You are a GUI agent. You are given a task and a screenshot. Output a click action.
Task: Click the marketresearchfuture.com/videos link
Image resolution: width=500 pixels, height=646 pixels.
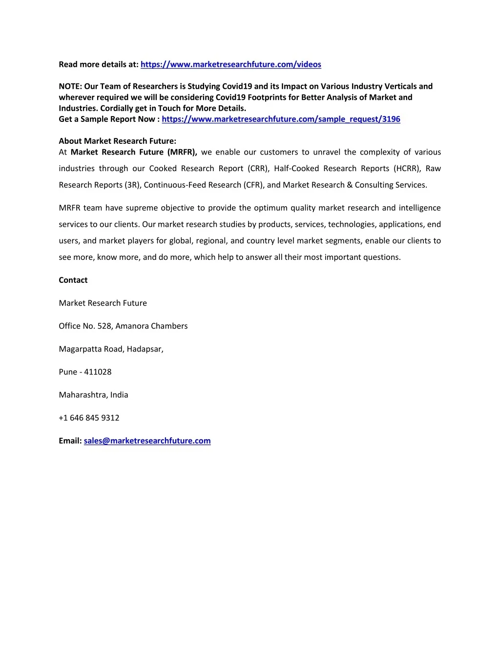pyautogui.click(x=230, y=64)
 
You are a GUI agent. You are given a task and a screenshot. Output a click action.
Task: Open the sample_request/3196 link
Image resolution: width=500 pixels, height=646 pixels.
pyautogui.click(x=281, y=119)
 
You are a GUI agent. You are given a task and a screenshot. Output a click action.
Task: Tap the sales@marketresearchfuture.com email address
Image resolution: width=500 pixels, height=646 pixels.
pyautogui.click(x=147, y=441)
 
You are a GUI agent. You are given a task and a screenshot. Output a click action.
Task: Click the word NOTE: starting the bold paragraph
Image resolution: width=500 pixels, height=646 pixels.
pyautogui.click(x=70, y=86)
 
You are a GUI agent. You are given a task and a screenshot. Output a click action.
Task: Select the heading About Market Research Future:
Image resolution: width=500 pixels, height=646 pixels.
pyautogui.click(x=117, y=141)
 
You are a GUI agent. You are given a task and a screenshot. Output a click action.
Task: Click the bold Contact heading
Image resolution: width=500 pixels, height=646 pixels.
pyautogui.click(x=73, y=280)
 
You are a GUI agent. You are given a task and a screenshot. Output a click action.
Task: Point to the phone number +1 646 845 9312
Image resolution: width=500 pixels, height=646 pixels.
pyautogui.click(x=89, y=418)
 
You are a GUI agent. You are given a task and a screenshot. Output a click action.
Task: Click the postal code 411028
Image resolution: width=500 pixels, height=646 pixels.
pyautogui.click(x=98, y=372)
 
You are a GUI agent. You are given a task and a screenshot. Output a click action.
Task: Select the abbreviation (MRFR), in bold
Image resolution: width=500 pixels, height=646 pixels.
pyautogui.click(x=182, y=152)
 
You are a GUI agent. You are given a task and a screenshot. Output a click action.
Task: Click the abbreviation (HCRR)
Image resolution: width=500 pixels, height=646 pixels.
pyautogui.click(x=407, y=169)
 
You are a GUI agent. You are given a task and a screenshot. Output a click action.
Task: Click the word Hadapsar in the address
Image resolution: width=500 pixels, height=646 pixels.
pyautogui.click(x=145, y=349)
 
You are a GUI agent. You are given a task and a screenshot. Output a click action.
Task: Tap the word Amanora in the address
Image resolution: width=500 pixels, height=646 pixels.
pyautogui.click(x=132, y=326)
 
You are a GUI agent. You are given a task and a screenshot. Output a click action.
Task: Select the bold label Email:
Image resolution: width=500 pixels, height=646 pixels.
pyautogui.click(x=70, y=441)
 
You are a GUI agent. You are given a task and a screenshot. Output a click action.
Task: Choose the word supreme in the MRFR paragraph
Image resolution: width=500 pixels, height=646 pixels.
pyautogui.click(x=142, y=208)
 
